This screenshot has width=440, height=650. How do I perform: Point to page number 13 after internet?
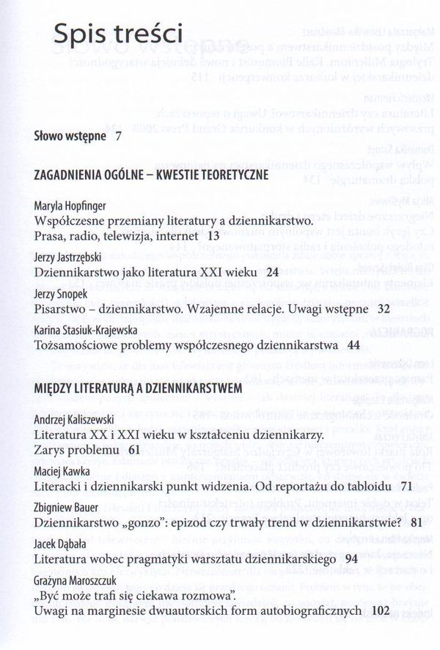(213, 236)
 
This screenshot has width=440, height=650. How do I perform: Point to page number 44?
(355, 344)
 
